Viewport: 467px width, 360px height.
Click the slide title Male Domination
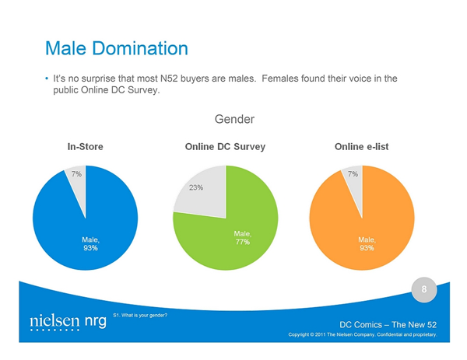117,48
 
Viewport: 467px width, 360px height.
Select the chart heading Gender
234,119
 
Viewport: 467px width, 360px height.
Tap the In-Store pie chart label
85,147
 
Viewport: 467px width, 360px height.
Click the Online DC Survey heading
225,147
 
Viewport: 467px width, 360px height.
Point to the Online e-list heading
362,147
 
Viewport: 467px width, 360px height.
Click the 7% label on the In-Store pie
76,174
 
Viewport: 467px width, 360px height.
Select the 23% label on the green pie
196,187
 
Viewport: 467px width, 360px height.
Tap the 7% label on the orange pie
353,174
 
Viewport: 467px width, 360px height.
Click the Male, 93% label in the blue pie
90,243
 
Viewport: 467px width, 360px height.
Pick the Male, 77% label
243,238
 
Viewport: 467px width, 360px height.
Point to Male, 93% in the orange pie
367,243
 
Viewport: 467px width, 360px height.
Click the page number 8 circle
424,289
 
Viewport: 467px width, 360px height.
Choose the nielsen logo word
54,321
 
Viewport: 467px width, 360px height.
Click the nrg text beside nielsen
95,322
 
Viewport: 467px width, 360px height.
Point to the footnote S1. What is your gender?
140,316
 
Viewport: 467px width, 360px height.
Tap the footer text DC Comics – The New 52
388,324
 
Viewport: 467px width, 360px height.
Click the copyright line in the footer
363,334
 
